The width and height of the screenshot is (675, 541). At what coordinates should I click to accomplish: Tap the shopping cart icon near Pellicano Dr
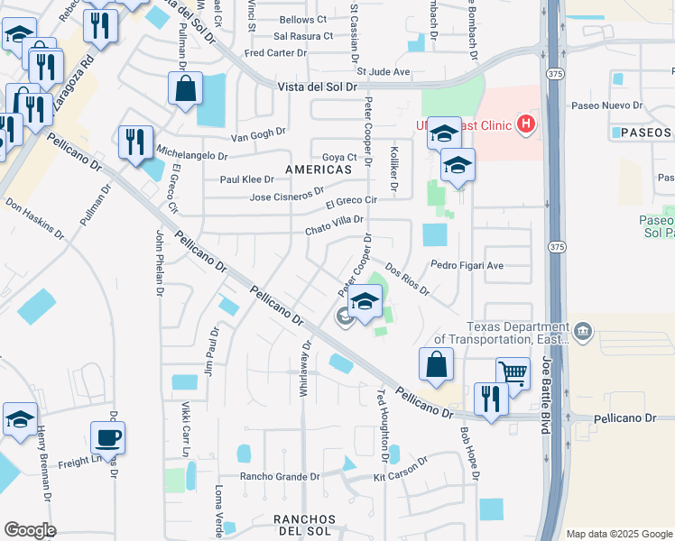[x=513, y=371]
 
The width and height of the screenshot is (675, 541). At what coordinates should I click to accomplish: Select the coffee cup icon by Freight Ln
[x=107, y=437]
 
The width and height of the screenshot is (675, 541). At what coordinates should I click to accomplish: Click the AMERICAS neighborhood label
[x=318, y=170]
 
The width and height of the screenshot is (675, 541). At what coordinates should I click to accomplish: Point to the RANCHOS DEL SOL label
[x=305, y=527]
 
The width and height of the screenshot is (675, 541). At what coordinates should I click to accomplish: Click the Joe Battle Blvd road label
[x=547, y=394]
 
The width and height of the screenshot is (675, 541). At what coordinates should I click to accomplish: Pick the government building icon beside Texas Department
[x=583, y=332]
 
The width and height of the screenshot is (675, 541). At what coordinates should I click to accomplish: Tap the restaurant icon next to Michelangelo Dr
[x=135, y=142]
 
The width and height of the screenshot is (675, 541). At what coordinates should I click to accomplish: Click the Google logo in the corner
[x=30, y=530]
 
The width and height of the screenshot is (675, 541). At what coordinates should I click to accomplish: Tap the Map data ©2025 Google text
[x=619, y=534]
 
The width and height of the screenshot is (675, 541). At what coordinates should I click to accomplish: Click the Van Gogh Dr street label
[x=258, y=134]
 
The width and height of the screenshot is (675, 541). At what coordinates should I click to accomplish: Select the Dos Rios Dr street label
[x=407, y=280]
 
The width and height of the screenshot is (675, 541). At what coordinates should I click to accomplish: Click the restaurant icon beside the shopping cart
[x=491, y=399]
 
